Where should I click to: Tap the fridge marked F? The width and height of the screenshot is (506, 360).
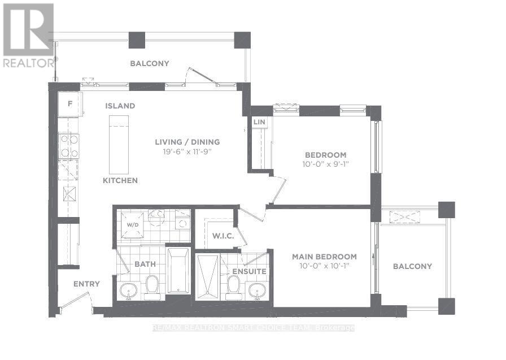coord(69,103)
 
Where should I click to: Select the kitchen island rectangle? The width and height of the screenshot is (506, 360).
coord(119,145)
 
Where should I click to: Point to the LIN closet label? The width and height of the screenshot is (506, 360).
coord(259,122)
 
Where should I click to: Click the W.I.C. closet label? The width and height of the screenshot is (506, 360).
coord(219,236)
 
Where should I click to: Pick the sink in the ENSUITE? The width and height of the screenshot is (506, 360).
coord(258,290)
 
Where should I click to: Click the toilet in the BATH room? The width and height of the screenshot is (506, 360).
coord(152,287)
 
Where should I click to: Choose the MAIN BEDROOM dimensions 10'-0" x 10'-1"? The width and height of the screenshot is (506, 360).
coord(324,266)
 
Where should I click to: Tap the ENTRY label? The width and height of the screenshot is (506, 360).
coord(86,284)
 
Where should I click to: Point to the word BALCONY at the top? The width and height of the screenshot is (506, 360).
coord(150,63)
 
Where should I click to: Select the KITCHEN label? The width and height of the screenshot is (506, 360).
coord(120,181)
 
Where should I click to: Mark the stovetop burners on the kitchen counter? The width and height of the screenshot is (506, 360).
coord(69,146)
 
